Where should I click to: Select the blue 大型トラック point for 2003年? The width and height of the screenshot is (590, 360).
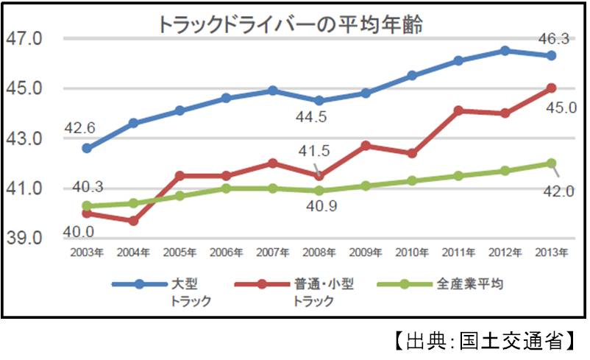coord(87,148)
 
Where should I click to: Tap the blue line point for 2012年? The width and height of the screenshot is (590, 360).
coord(505,51)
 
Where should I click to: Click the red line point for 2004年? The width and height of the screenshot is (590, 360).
coord(133,221)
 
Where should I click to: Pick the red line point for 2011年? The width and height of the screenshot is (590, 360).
coord(458,110)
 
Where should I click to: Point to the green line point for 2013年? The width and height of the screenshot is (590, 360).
coord(551,163)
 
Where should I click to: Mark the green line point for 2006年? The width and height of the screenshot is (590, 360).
coord(226,188)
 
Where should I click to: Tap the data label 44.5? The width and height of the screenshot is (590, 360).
coord(318,117)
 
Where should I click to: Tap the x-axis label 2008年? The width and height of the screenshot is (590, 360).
coord(319,253)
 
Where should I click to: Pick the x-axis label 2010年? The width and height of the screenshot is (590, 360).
coord(412,253)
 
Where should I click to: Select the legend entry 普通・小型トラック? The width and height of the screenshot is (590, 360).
coord(324,291)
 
